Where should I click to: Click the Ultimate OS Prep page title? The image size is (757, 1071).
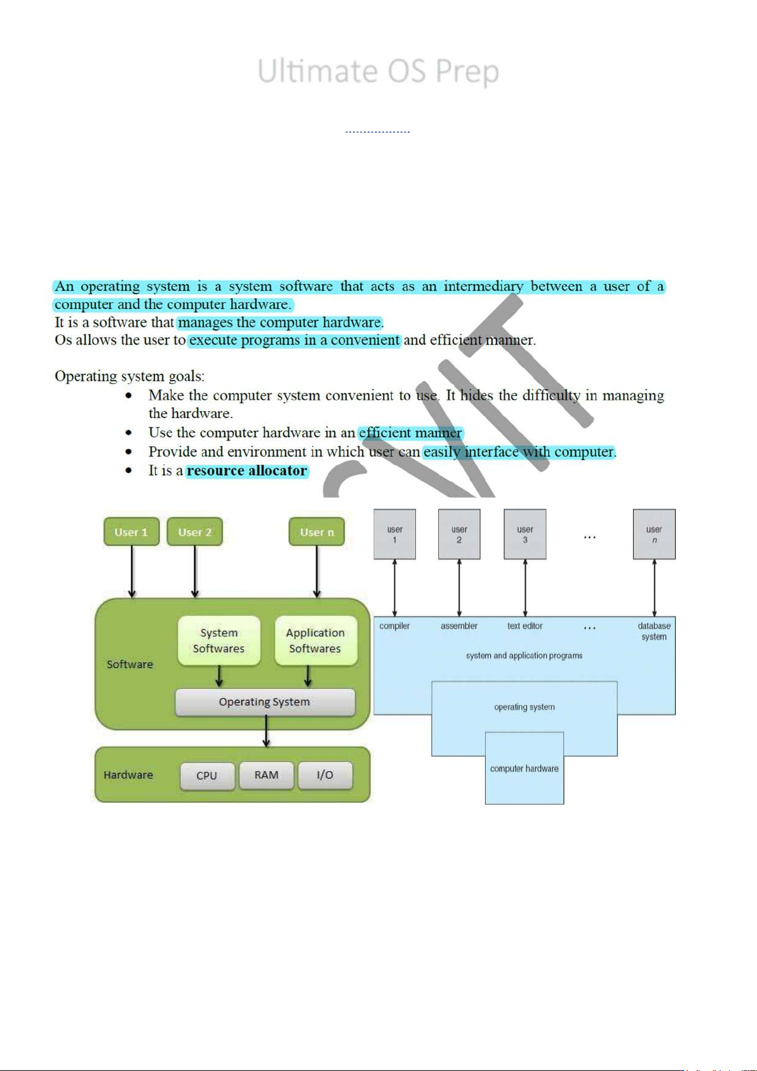pyautogui.click(x=378, y=71)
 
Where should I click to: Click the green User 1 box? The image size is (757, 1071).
pyautogui.click(x=131, y=532)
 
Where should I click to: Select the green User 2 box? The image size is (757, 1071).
pyautogui.click(x=194, y=532)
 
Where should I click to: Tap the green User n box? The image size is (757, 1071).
pyautogui.click(x=316, y=532)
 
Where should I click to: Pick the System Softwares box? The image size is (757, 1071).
pyautogui.click(x=219, y=641)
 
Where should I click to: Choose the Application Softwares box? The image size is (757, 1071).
pyautogui.click(x=315, y=641)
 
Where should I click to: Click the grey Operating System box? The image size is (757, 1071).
pyautogui.click(x=265, y=702)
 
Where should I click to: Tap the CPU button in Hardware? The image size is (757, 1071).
pyautogui.click(x=207, y=775)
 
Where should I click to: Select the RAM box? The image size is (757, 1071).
pyautogui.click(x=266, y=775)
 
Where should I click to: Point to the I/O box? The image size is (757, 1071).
pyautogui.click(x=325, y=775)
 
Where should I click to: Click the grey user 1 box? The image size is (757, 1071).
pyautogui.click(x=394, y=535)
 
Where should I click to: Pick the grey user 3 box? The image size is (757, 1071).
pyautogui.click(x=525, y=535)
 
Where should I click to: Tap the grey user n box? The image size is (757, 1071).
pyautogui.click(x=654, y=535)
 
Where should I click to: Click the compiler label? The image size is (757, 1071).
pyautogui.click(x=394, y=626)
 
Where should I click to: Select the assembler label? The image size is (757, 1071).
pyautogui.click(x=459, y=626)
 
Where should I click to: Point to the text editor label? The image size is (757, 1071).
pyautogui.click(x=525, y=626)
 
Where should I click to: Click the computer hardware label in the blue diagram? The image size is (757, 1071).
pyautogui.click(x=524, y=768)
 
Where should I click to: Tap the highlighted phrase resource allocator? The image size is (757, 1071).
pyautogui.click(x=247, y=471)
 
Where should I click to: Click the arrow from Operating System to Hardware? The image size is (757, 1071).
pyautogui.click(x=266, y=731)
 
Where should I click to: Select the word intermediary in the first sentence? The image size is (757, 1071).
pyautogui.click(x=483, y=287)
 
